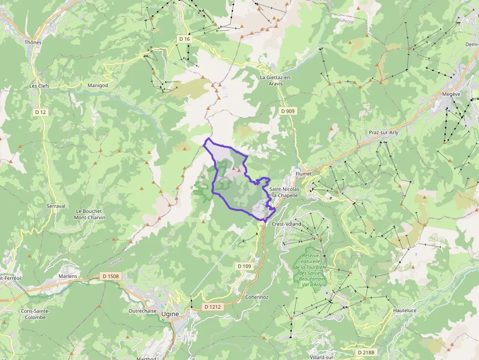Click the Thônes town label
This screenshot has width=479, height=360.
pos(33,42)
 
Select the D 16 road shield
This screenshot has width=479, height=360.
pos(184,39)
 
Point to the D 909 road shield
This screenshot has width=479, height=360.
pos(288,111)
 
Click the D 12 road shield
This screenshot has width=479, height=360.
pos(41,112)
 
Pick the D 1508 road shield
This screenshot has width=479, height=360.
pos(110,276)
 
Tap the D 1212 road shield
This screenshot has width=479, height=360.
pos(213,307)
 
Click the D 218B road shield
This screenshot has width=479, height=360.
pos(366,352)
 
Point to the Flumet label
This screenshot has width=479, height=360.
pos(304,173)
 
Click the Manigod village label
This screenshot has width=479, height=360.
pos(97,85)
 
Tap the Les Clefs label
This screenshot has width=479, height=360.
pos(39,85)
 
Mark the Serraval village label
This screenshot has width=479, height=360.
pos(56,206)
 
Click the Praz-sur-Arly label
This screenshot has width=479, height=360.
pos(384,133)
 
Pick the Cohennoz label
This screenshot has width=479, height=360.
pos(257,297)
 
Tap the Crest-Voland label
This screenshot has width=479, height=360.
pos(286,224)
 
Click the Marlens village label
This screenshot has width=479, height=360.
pos(68,276)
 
